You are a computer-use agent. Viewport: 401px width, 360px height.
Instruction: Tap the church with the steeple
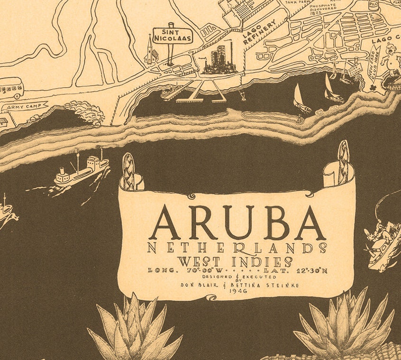151,52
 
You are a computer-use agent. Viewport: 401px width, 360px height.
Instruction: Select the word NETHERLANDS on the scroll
237,248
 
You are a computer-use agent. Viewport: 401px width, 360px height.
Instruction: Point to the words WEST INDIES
235,261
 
